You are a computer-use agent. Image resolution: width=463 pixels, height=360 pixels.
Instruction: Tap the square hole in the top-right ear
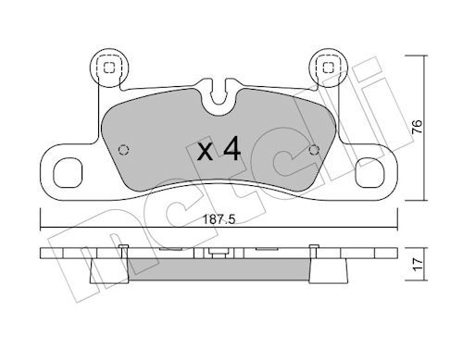point(325,67)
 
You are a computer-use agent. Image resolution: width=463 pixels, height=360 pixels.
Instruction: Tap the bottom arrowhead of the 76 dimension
point(423,196)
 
